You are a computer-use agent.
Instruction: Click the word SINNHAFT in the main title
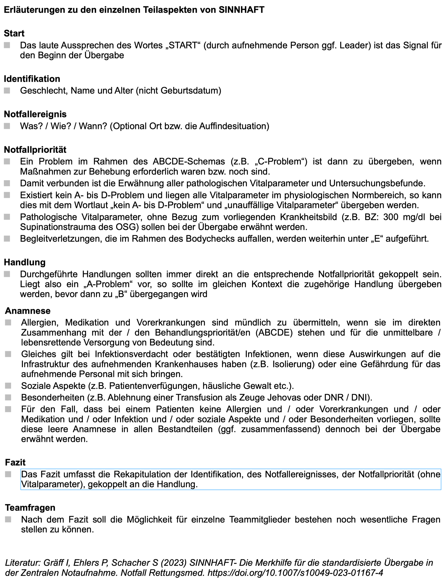click(x=241, y=10)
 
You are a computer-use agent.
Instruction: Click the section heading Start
click(x=14, y=33)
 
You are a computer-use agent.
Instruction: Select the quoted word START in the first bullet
click(x=183, y=45)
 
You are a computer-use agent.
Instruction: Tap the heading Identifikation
click(x=32, y=79)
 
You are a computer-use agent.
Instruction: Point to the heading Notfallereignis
click(x=35, y=114)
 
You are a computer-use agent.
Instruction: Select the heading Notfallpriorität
click(x=35, y=150)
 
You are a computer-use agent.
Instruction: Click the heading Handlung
click(x=25, y=262)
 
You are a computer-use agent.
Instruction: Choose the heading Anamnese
click(x=28, y=311)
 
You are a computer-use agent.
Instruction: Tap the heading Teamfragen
click(x=30, y=508)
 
